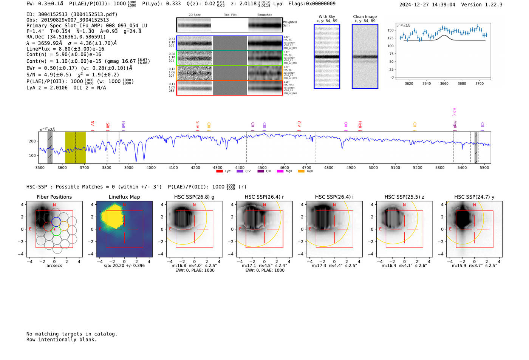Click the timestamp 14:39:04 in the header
point(443,5)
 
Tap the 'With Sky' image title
point(326,17)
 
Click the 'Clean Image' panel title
point(365,17)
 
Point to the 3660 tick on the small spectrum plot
point(444,83)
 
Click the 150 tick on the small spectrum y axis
point(390,30)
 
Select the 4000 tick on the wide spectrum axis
point(151,168)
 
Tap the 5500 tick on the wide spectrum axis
point(484,168)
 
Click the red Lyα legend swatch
point(219,172)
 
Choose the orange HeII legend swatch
point(301,172)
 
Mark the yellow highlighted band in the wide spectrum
point(75,147)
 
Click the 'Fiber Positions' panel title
point(54,197)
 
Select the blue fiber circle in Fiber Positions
point(56,222)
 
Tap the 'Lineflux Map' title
point(124,197)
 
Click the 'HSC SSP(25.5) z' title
point(404,197)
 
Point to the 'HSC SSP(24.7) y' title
point(474,197)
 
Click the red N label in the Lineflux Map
point(124,205)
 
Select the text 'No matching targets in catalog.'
point(72,334)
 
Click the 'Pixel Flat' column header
point(230,15)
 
